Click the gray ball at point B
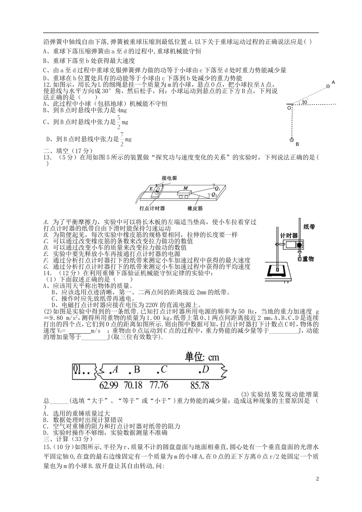click(x=292, y=140)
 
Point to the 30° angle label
click(x=304, y=102)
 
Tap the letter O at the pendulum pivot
click(x=289, y=108)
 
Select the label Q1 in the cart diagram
click(x=217, y=188)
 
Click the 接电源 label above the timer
click(x=169, y=178)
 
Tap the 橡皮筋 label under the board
click(x=195, y=208)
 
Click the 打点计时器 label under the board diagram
click(x=152, y=208)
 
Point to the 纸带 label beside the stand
click(x=309, y=227)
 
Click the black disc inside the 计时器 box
click(x=300, y=245)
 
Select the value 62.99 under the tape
click(x=109, y=385)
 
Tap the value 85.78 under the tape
click(x=200, y=385)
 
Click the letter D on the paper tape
click(x=205, y=369)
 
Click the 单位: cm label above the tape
click(x=202, y=357)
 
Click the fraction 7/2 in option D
click(x=122, y=139)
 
